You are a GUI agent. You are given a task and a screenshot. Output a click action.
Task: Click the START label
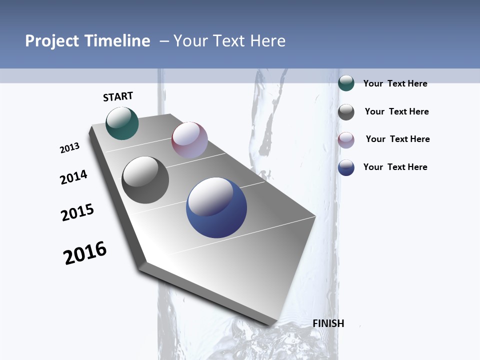click(118, 96)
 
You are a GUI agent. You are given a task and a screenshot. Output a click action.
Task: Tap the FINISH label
click(328, 323)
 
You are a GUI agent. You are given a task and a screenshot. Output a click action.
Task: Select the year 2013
click(70, 148)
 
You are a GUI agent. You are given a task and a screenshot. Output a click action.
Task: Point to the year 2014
click(74, 177)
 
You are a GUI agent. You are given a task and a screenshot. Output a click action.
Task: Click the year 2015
click(77, 212)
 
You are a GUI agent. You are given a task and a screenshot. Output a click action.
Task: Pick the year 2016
click(85, 253)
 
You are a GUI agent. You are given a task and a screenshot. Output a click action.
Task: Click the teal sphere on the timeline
click(122, 123)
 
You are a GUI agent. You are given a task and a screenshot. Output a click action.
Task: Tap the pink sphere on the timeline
click(189, 140)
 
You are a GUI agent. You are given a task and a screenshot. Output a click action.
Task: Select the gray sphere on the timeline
click(145, 180)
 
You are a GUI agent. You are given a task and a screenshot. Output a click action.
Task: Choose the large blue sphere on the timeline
click(216, 207)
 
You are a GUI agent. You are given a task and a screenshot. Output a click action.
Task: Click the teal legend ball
click(346, 83)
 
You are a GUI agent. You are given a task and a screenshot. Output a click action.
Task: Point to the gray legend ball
click(346, 112)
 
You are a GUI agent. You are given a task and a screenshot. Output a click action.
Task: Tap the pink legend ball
click(346, 140)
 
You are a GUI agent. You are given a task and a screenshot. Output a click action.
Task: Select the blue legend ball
click(346, 167)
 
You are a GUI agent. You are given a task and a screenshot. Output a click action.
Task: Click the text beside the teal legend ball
click(395, 83)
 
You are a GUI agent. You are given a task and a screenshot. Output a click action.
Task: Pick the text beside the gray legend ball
click(396, 111)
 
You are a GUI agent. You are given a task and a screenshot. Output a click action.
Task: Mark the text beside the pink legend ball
click(397, 139)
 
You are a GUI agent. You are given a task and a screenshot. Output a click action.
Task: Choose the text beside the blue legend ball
click(395, 167)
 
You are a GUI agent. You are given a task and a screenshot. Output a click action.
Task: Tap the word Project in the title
click(50, 41)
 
